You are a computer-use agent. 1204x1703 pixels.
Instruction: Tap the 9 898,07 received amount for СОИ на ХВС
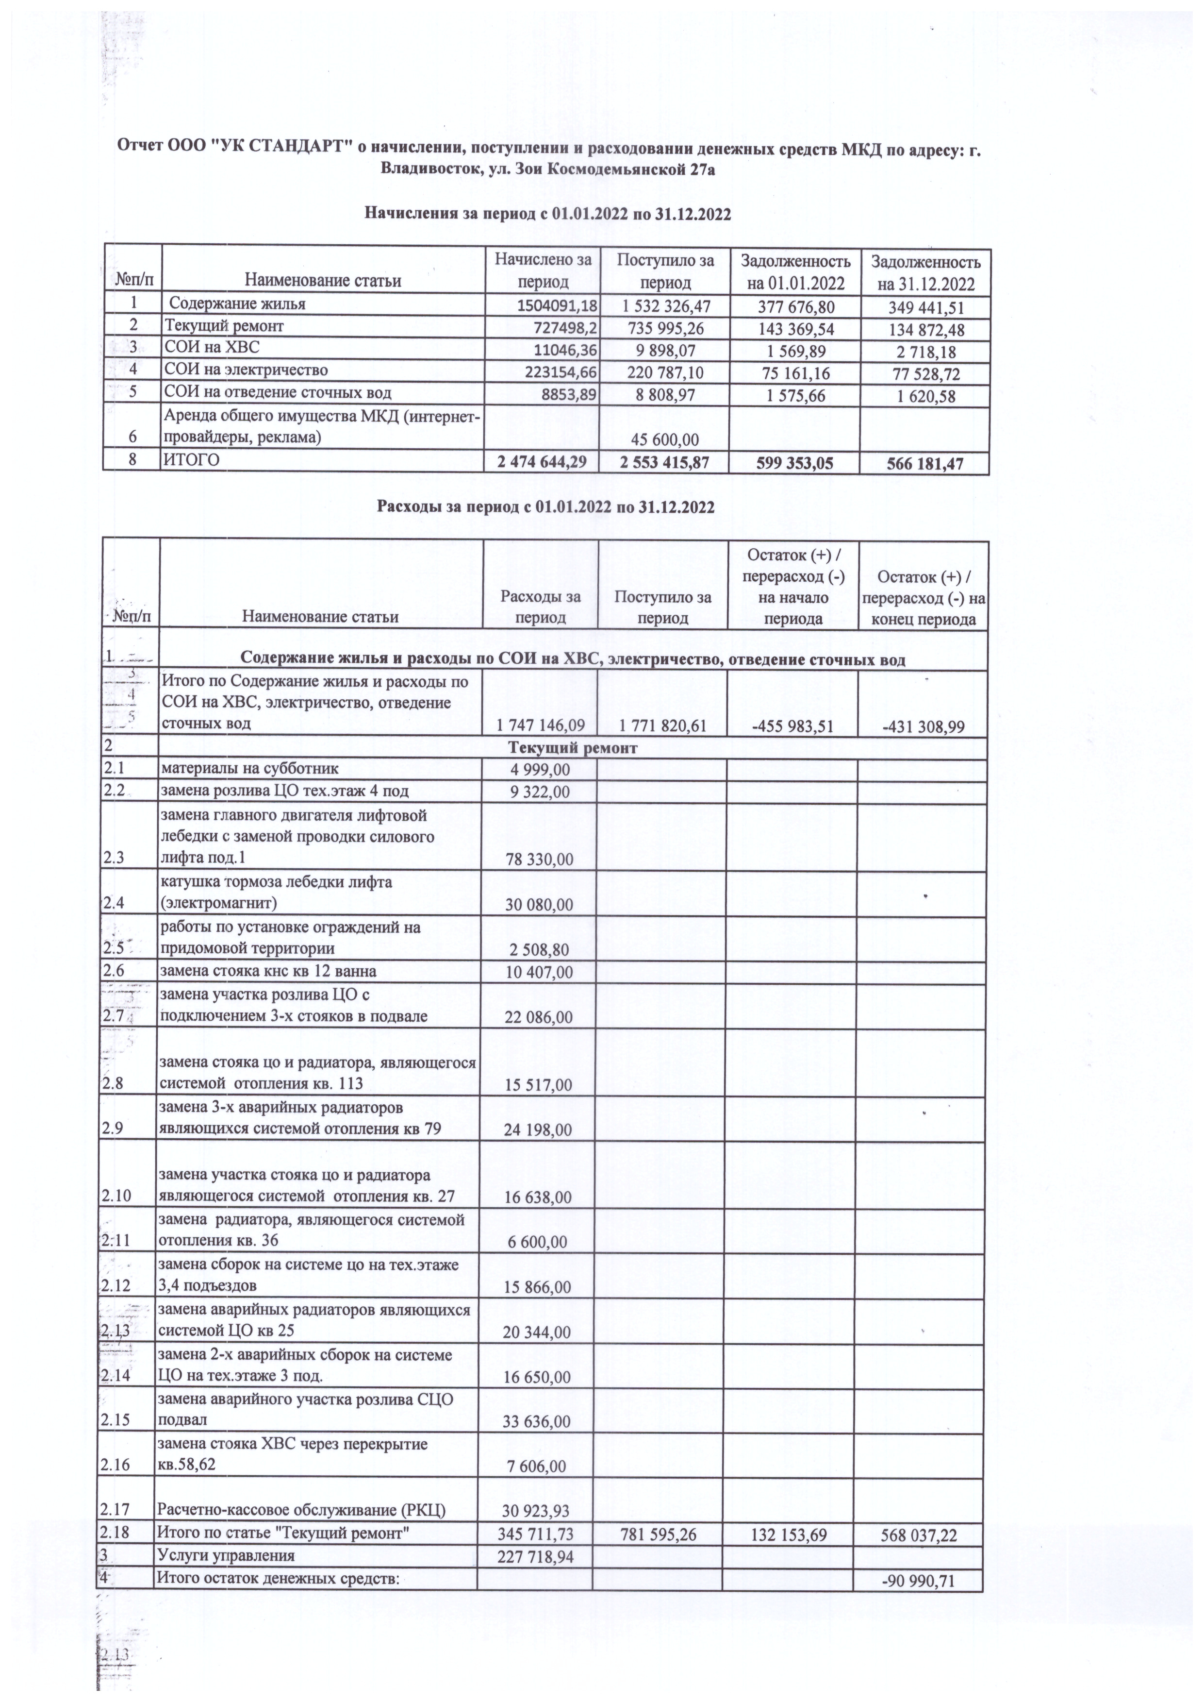(663, 349)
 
